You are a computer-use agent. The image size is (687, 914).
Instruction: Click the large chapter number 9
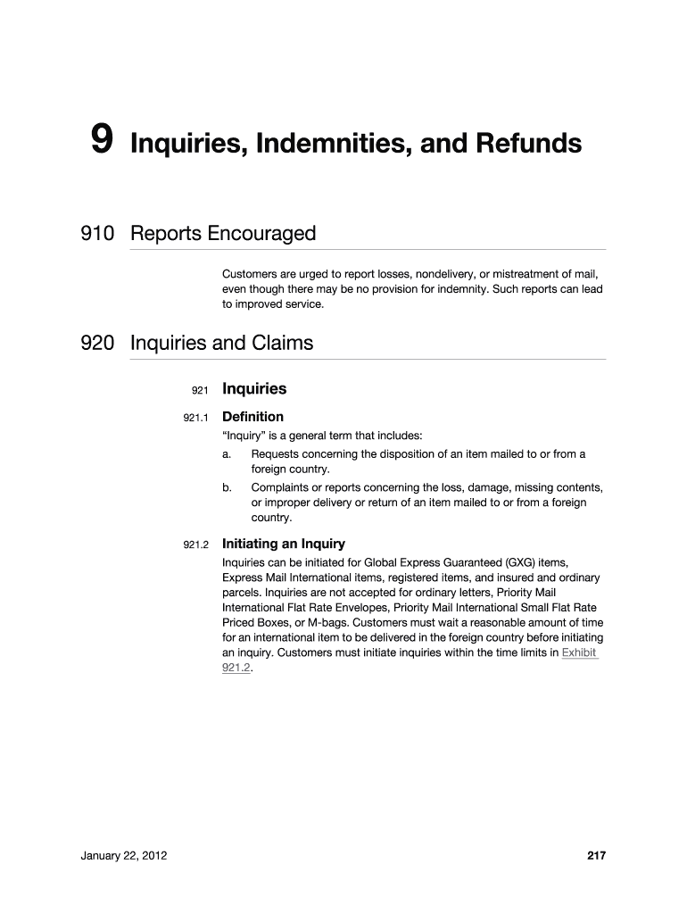pos(102,140)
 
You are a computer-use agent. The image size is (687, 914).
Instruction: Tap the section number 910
pos(97,234)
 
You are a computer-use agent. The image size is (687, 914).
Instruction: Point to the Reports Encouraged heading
pos(223,234)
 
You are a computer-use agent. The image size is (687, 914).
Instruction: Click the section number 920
pos(97,343)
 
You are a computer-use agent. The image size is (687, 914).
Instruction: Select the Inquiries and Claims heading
pos(221,343)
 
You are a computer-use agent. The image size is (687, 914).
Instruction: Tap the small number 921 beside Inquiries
pos(199,390)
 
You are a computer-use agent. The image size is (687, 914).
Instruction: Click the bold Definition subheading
pos(252,417)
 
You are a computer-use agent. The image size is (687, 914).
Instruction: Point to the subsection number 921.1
pos(195,418)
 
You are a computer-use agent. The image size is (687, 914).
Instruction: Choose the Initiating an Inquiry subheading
pos(283,544)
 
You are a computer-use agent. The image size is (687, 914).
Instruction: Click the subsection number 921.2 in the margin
pos(195,544)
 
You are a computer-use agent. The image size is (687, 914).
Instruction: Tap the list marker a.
pos(227,454)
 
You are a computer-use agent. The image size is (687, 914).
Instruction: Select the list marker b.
pos(227,487)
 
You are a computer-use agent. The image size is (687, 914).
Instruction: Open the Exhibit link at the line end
pos(579,652)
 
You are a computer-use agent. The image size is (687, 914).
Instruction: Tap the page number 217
pos(596,856)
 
